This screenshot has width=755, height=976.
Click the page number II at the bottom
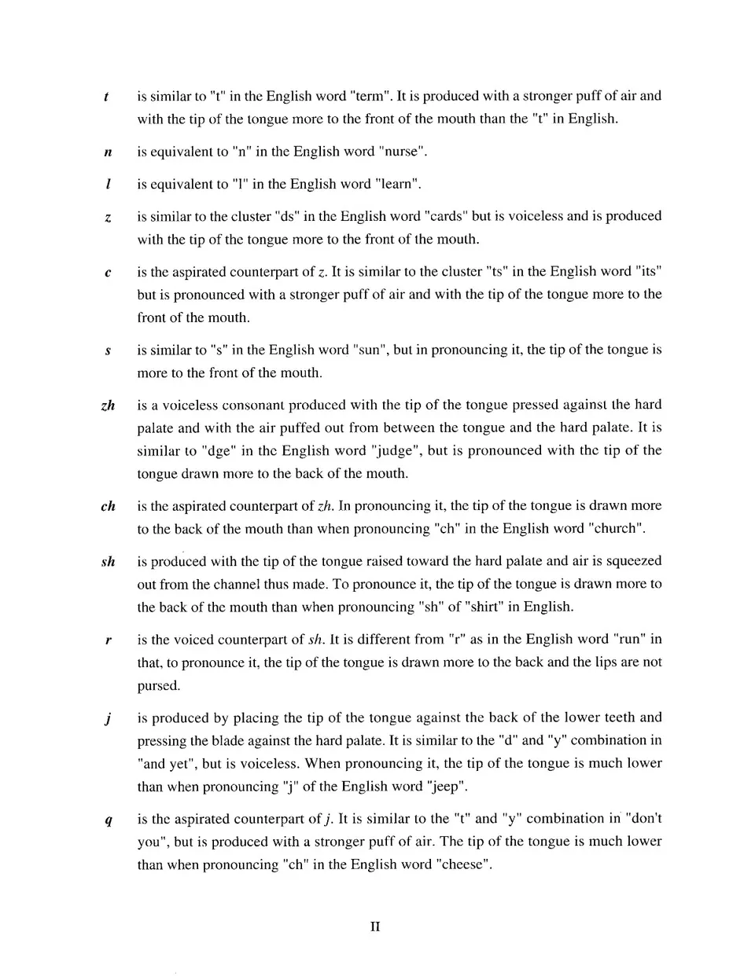pyautogui.click(x=375, y=927)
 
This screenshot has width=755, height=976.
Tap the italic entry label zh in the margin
pyautogui.click(x=109, y=405)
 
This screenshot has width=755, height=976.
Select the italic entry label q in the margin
pyautogui.click(x=106, y=820)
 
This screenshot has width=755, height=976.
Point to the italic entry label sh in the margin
pyautogui.click(x=109, y=562)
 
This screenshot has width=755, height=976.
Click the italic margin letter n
pyautogui.click(x=106, y=152)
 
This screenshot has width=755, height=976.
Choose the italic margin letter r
pyautogui.click(x=106, y=640)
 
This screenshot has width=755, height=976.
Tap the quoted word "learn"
pyautogui.click(x=397, y=185)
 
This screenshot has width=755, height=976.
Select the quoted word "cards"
pyautogui.click(x=446, y=216)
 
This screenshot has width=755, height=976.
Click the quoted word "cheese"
pyautogui.click(x=462, y=865)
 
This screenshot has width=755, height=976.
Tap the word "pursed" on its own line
pyautogui.click(x=158, y=686)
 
